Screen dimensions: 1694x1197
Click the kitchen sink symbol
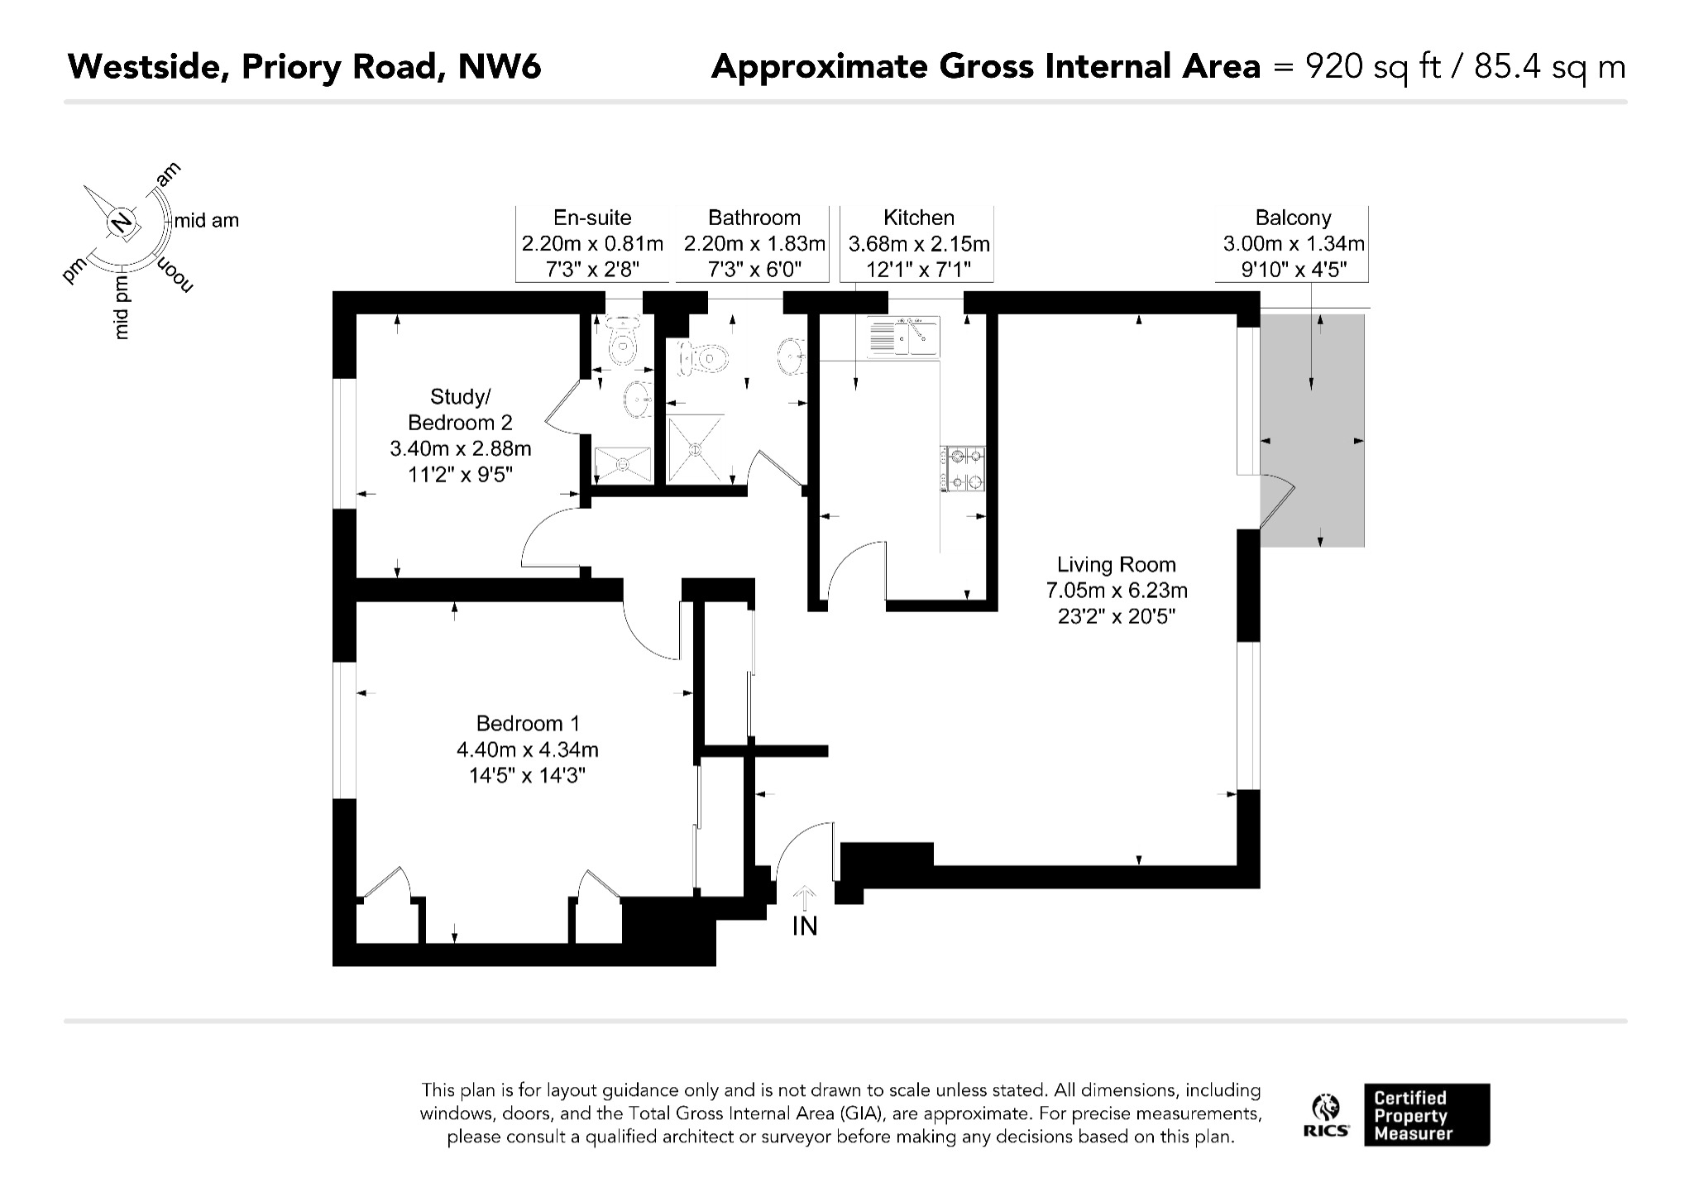pos(902,337)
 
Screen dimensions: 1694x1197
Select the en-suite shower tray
pos(624,466)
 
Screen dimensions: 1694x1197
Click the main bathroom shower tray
pos(695,449)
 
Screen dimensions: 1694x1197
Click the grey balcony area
pos(1312,430)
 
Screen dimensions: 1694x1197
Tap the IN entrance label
pos(805,926)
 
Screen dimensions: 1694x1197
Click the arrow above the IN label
pos(805,898)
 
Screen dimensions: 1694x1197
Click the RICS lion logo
pos(1327,1108)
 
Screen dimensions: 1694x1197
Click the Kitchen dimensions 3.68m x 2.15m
pos(919,244)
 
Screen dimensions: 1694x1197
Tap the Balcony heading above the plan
pos(1293,218)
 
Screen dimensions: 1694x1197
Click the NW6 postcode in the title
pos(500,66)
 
